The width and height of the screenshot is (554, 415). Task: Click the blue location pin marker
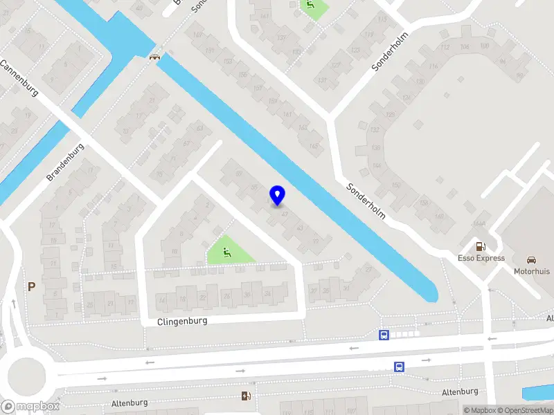pos(277,195)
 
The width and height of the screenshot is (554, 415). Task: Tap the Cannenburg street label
pos(19,78)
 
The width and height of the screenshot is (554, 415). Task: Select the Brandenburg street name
pos(66,163)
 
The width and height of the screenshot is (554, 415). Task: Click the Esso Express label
pos(480,259)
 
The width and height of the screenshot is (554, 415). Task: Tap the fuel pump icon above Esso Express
pos(479,246)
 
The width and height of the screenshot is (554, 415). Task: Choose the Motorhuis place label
pos(531,272)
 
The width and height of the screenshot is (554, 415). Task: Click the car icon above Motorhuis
pos(531,260)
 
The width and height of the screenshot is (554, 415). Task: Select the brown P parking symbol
pos(30,286)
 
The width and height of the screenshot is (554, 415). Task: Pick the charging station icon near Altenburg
pos(245,396)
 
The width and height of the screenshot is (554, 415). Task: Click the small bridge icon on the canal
pos(154,58)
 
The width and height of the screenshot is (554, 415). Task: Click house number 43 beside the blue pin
pos(299,227)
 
